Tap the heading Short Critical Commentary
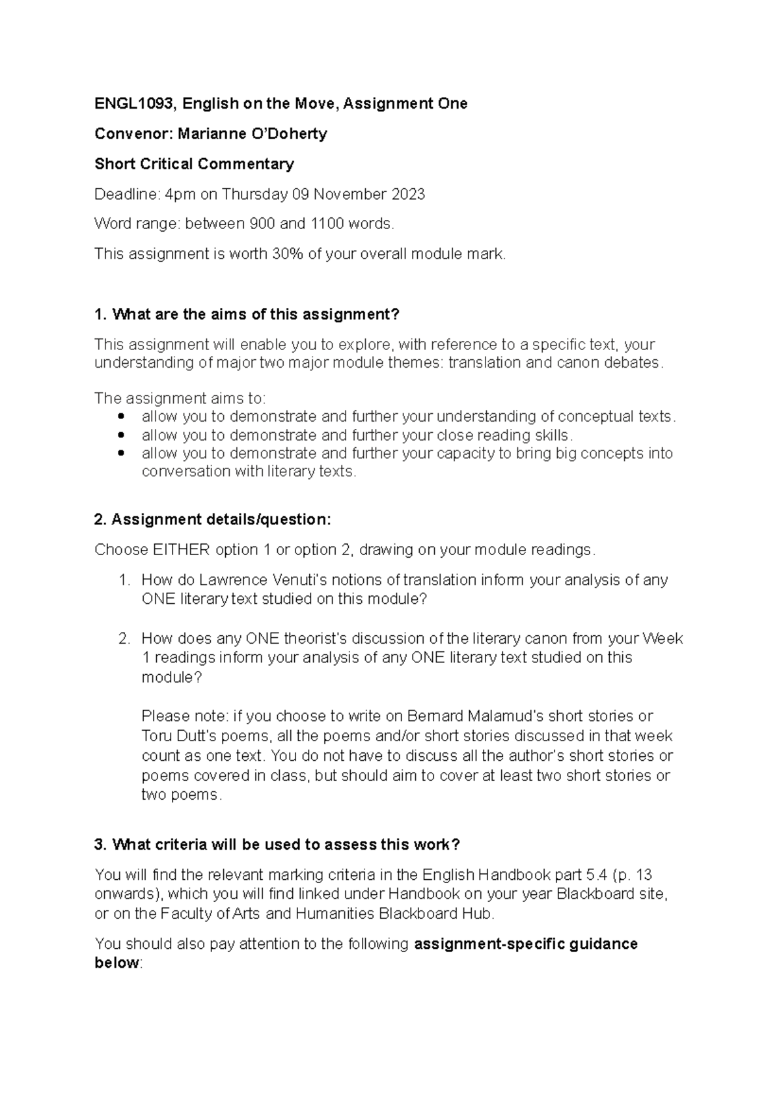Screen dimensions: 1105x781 point(194,164)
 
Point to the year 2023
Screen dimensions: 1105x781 point(407,194)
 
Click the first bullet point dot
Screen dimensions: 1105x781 point(118,416)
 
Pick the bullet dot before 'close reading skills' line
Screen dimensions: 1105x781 point(118,435)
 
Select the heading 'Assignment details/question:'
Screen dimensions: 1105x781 point(213,519)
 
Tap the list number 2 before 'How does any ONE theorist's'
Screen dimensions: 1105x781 point(124,638)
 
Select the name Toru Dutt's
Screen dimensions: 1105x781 point(179,736)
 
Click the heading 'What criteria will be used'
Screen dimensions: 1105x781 point(277,845)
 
